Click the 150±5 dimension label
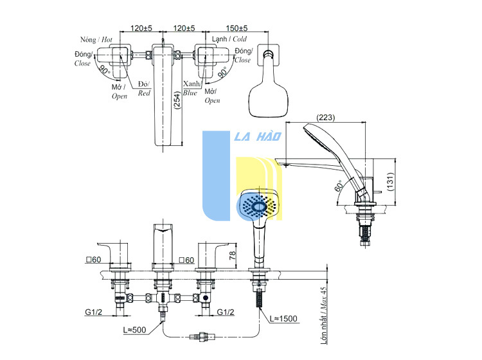coord(237,28)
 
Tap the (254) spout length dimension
coord(177,100)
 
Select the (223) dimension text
coord(326,118)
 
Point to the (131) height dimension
coord(390,182)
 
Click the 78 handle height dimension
coord(233,255)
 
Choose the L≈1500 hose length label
coord(283,318)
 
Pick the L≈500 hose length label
coord(134,330)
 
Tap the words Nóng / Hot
coord(96,40)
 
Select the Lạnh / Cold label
coord(229,39)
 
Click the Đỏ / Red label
coord(144,89)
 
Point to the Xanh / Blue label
coord(192,88)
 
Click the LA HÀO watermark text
coord(258,136)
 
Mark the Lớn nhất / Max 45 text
coord(323,316)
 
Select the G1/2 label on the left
coord(93,312)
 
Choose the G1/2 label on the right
coord(226,312)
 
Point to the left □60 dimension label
coord(93,260)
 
